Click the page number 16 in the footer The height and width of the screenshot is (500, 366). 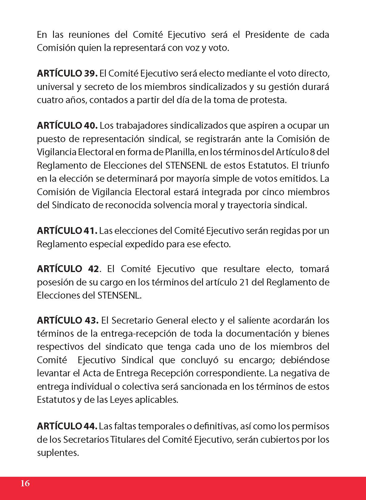(x=25, y=483)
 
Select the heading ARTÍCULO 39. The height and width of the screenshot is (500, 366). (x=67, y=74)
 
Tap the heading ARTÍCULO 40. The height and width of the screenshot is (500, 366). (x=67, y=126)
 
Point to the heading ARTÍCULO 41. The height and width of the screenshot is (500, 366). (x=67, y=231)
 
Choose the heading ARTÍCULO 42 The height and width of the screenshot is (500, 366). (x=68, y=269)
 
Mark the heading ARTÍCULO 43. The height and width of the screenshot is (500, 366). (x=68, y=321)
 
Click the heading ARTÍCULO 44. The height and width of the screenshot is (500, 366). (x=67, y=426)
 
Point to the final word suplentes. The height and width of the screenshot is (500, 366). (x=58, y=453)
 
